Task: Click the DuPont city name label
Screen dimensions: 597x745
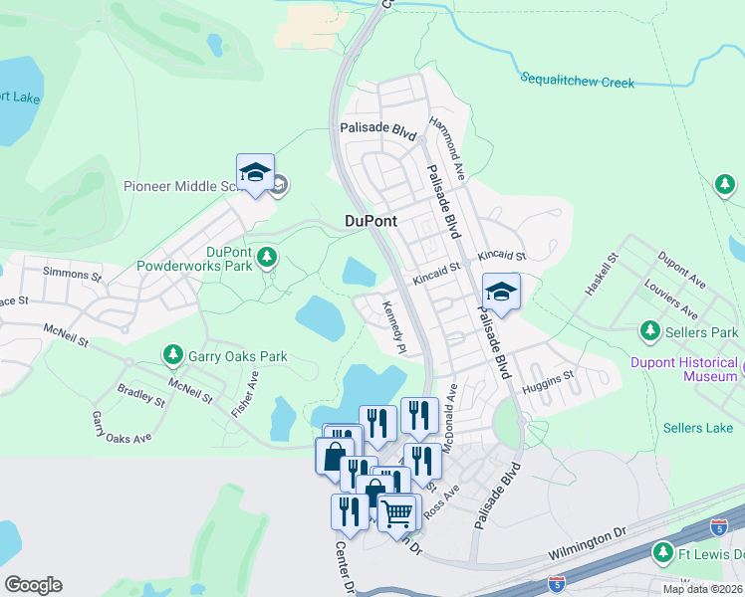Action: pos(371,222)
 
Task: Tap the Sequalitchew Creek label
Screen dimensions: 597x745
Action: pos(577,81)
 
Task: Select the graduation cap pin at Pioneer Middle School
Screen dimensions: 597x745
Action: pos(255,173)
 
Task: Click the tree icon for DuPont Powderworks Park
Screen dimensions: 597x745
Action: pos(266,259)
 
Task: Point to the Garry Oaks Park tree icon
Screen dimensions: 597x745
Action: pos(173,355)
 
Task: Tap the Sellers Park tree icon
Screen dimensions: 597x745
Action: pos(650,330)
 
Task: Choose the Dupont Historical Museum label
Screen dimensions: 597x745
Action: pos(682,369)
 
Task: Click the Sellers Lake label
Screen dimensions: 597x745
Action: pos(697,428)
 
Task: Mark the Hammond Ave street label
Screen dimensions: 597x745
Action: pos(447,147)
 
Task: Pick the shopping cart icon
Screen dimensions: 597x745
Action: pos(397,512)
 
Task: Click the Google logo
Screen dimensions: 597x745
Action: pos(33,584)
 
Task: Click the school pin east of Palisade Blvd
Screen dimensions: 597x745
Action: pos(501,292)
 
